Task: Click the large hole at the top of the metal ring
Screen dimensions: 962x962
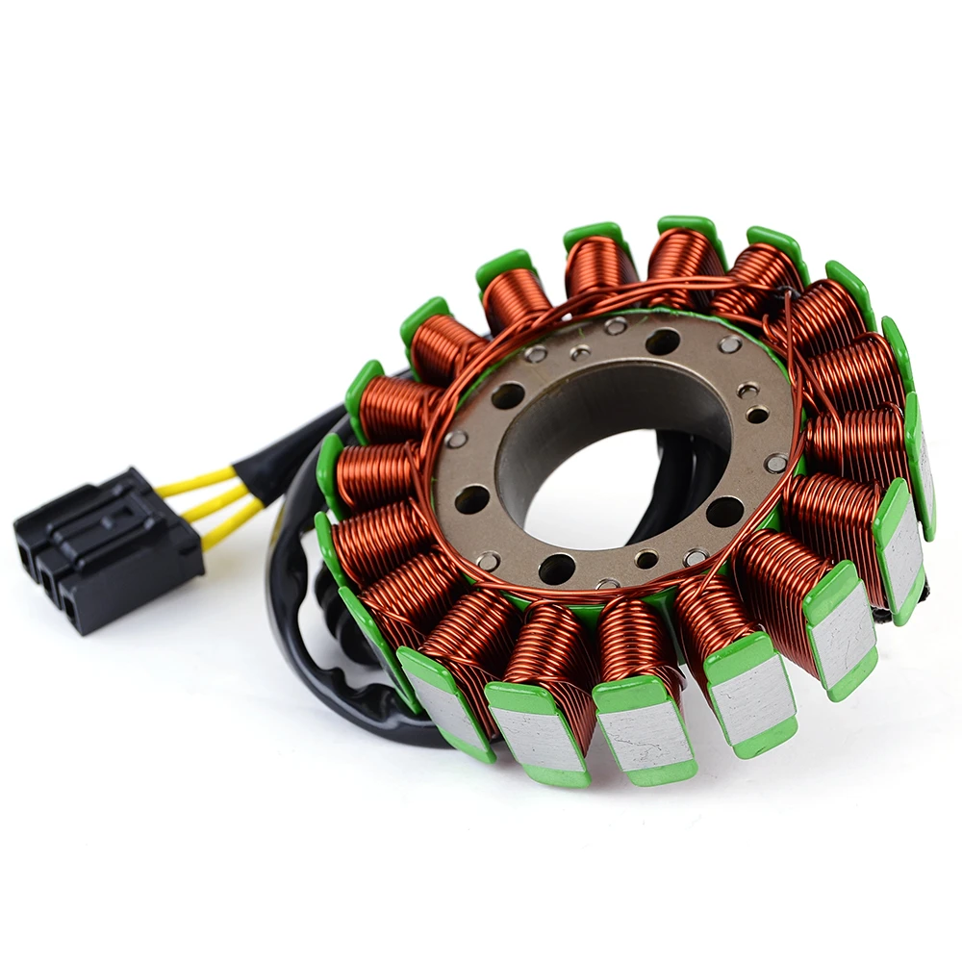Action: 663,342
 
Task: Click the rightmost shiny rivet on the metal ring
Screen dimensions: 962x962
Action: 775,463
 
